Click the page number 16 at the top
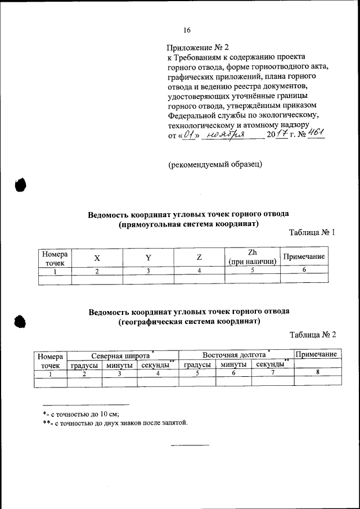(187, 30)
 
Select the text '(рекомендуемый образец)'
(215, 164)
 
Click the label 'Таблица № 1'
(312, 232)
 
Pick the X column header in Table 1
(97, 258)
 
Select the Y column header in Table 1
(148, 258)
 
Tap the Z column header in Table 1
(199, 258)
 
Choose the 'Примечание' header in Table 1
(304, 257)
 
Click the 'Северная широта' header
(121, 355)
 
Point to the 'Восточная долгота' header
(234, 355)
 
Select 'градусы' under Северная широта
(85, 365)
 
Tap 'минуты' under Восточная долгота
(233, 365)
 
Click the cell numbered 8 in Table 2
(318, 373)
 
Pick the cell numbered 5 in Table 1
(253, 271)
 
